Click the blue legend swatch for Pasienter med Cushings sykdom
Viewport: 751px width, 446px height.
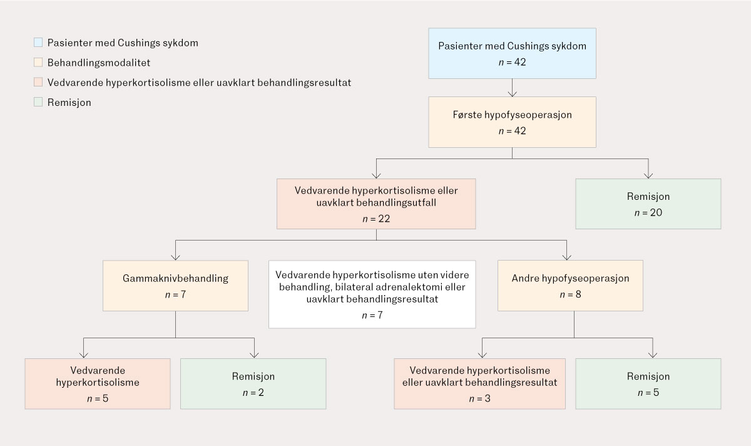(x=38, y=43)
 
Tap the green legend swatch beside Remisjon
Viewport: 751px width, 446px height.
(x=38, y=102)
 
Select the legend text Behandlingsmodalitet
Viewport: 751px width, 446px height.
(x=99, y=63)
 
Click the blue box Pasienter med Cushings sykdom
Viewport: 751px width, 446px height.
(x=512, y=53)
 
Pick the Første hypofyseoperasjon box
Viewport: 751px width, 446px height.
(x=512, y=122)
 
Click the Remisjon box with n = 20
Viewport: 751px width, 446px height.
(x=648, y=204)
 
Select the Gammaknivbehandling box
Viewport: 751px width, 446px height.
(x=175, y=286)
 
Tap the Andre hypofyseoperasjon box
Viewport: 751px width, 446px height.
(x=570, y=286)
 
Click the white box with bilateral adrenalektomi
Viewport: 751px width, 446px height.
(x=372, y=294)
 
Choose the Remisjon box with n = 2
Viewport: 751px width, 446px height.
(x=253, y=383)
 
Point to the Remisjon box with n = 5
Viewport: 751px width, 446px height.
(x=648, y=383)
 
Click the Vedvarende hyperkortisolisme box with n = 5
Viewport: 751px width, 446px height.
(x=98, y=383)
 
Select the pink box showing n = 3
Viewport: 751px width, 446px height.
(x=480, y=383)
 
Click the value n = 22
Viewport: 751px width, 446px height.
(x=376, y=219)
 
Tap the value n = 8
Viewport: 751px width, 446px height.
(x=570, y=294)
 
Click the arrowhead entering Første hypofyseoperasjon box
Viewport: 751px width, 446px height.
(x=512, y=94)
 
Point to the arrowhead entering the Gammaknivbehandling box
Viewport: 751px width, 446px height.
(x=175, y=257)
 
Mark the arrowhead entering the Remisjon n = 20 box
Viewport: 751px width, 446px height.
(x=648, y=175)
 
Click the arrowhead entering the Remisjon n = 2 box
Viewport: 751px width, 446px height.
(x=254, y=355)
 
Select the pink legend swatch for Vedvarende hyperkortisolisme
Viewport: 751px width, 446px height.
(x=38, y=82)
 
